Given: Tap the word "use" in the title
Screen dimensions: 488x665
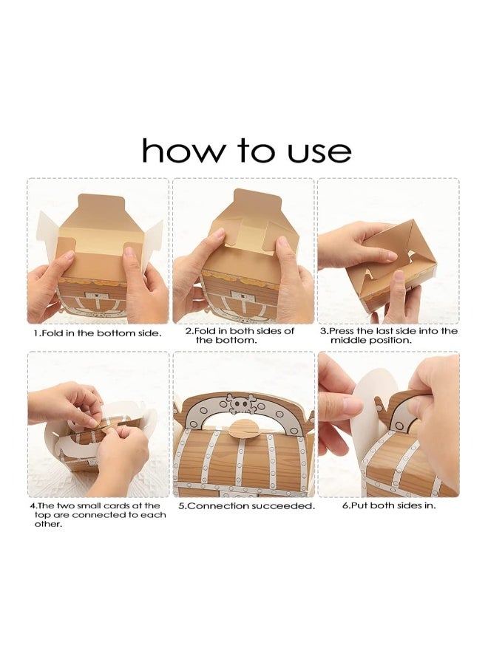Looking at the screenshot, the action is pos(319,153).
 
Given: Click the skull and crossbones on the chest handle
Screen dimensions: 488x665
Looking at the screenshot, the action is pos(240,403).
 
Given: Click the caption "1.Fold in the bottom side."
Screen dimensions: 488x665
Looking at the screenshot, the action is pos(98,333).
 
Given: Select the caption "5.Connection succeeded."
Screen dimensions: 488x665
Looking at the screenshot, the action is pos(246,506).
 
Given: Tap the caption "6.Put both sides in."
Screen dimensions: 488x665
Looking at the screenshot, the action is pos(389,505).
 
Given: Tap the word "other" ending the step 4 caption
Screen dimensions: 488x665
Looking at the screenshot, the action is pos(47,524).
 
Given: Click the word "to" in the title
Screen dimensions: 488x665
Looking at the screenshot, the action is pos(255,151).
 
